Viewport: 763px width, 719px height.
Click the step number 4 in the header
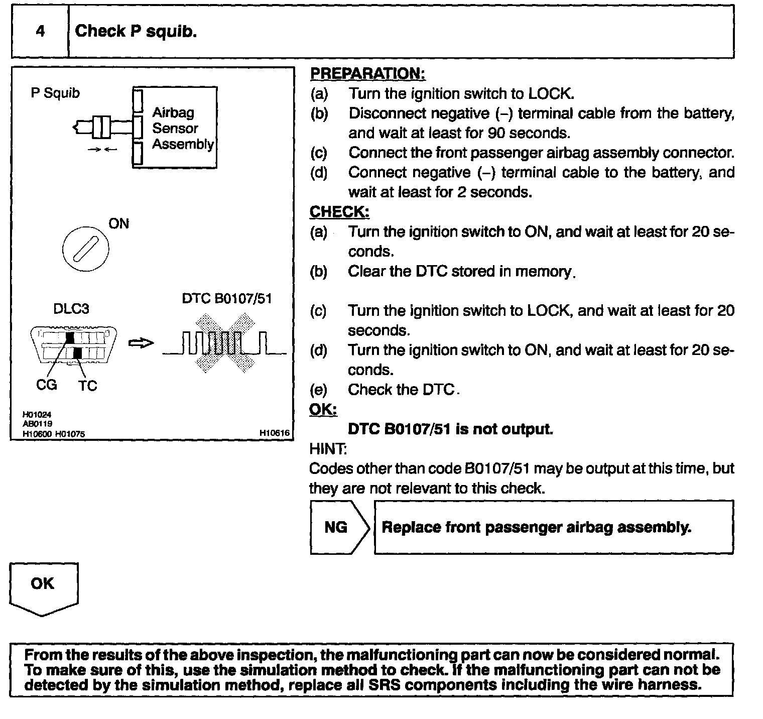pos(40,32)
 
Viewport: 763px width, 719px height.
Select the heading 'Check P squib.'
pos(136,32)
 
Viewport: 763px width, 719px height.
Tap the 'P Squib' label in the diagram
pos(55,93)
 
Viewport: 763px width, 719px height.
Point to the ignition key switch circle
pos(86,249)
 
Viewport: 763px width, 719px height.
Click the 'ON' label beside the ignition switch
pos(119,224)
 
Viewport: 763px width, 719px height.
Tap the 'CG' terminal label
pos(47,385)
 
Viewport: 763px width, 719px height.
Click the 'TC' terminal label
pos(87,386)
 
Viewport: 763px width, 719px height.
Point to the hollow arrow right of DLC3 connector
pos(141,344)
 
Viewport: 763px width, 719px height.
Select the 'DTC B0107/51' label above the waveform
pos(226,299)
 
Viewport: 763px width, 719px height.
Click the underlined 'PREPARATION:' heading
pos(367,74)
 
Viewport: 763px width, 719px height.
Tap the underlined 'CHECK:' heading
pos(339,212)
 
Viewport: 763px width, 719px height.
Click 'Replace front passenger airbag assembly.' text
pos(536,527)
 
